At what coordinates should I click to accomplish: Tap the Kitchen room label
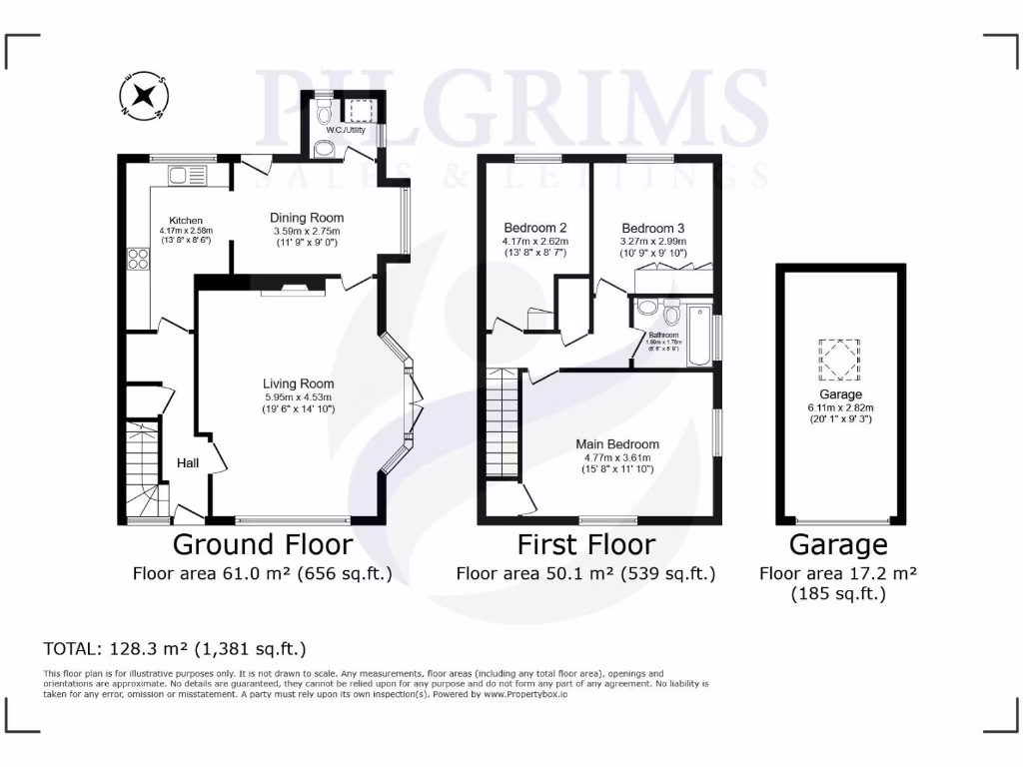pyautogui.click(x=186, y=221)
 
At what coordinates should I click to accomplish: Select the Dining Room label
pyautogui.click(x=308, y=218)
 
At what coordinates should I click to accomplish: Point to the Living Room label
pyautogui.click(x=298, y=383)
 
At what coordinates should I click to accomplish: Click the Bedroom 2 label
pyautogui.click(x=534, y=227)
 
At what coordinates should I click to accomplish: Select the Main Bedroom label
pyautogui.click(x=617, y=444)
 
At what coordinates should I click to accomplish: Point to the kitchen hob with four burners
pyautogui.click(x=139, y=261)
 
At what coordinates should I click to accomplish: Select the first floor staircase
pyautogui.click(x=503, y=423)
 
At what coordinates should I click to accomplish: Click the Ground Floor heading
pyautogui.click(x=263, y=544)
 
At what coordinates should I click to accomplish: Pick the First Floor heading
pyautogui.click(x=585, y=544)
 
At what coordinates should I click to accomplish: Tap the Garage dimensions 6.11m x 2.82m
pyautogui.click(x=838, y=407)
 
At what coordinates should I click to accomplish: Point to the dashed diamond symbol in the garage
pyautogui.click(x=838, y=360)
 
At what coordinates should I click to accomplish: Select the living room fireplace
pyautogui.click(x=293, y=291)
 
